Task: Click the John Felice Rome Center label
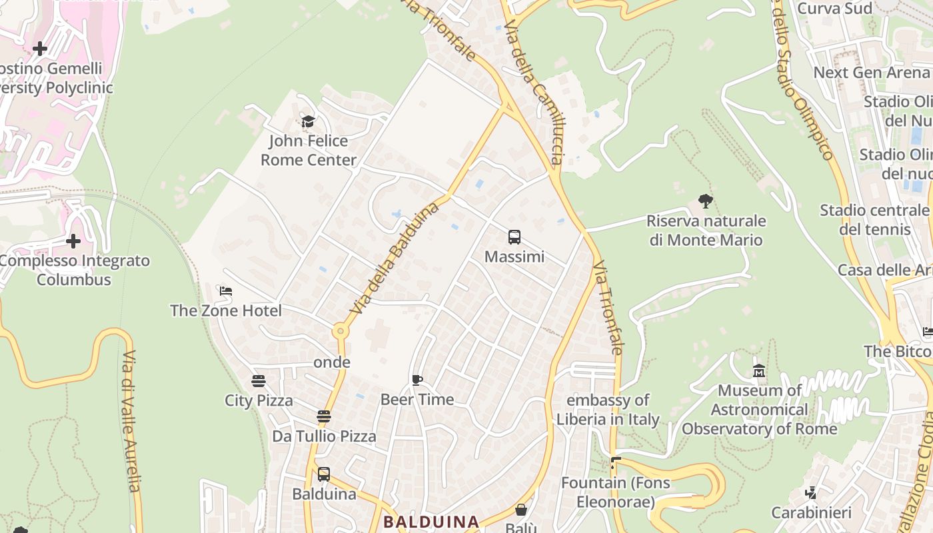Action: pos(309,151)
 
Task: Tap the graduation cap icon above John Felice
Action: pos(308,121)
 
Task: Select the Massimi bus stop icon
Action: pos(514,237)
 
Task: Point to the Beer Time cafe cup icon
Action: pos(417,380)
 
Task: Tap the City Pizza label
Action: pos(259,400)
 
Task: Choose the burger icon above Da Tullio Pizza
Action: pos(324,417)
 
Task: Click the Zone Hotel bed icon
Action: pos(226,291)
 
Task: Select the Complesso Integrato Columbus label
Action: pos(74,270)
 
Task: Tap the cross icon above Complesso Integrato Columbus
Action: pos(73,241)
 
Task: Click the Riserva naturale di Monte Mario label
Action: pos(706,231)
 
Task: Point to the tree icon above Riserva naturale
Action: pos(706,201)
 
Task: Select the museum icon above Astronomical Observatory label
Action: pos(759,370)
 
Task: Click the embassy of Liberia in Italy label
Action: pos(608,410)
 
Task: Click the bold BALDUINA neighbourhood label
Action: pos(431,522)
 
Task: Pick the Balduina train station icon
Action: pos(324,474)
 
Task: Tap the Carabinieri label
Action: pos(812,512)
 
